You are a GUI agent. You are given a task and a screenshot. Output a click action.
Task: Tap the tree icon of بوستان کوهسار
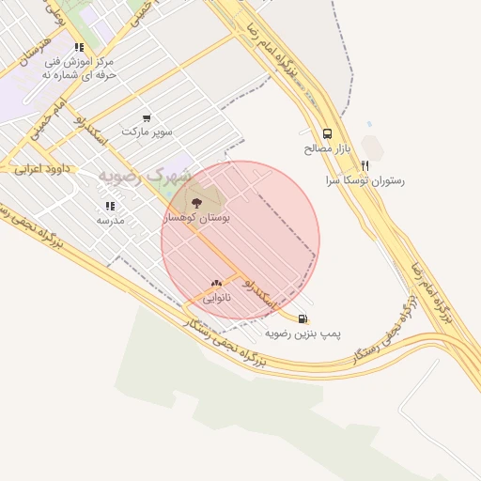tap(196, 202)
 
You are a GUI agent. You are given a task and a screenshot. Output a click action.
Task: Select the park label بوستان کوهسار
tap(196, 217)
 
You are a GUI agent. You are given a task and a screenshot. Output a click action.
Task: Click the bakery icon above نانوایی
tap(217, 282)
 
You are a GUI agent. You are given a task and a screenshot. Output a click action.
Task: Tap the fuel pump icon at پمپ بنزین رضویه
tap(303, 318)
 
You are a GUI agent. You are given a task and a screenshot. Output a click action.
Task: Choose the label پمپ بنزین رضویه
tap(303, 334)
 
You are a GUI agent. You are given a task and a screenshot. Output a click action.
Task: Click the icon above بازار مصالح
tap(327, 133)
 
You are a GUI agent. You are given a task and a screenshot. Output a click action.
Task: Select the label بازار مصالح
tap(327, 148)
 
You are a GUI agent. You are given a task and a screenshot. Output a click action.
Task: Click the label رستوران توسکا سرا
tap(365, 179)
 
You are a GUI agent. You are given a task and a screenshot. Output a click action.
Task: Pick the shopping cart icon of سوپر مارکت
tap(147, 117)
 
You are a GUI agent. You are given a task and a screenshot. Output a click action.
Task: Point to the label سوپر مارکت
tap(152, 132)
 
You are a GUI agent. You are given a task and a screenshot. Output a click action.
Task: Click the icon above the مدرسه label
tap(110, 205)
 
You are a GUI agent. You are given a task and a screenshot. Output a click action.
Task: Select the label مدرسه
tap(110, 220)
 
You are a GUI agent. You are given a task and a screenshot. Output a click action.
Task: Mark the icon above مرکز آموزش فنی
tap(79, 47)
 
